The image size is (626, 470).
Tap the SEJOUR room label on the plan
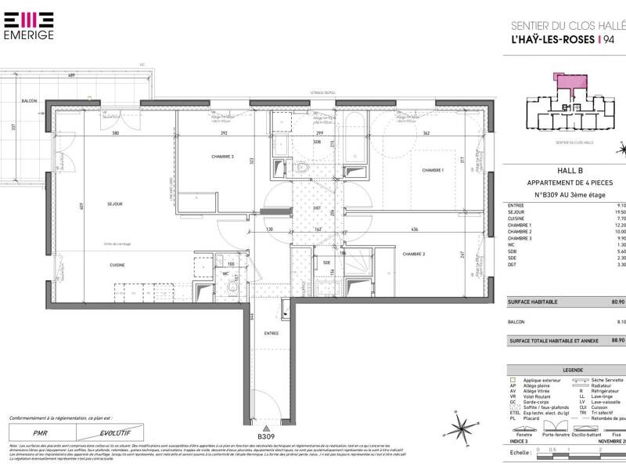tap(115, 204)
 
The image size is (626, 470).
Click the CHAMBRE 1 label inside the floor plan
tap(433, 170)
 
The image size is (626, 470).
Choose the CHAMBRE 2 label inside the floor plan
tap(415, 254)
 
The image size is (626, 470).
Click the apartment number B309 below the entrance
tap(268, 436)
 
